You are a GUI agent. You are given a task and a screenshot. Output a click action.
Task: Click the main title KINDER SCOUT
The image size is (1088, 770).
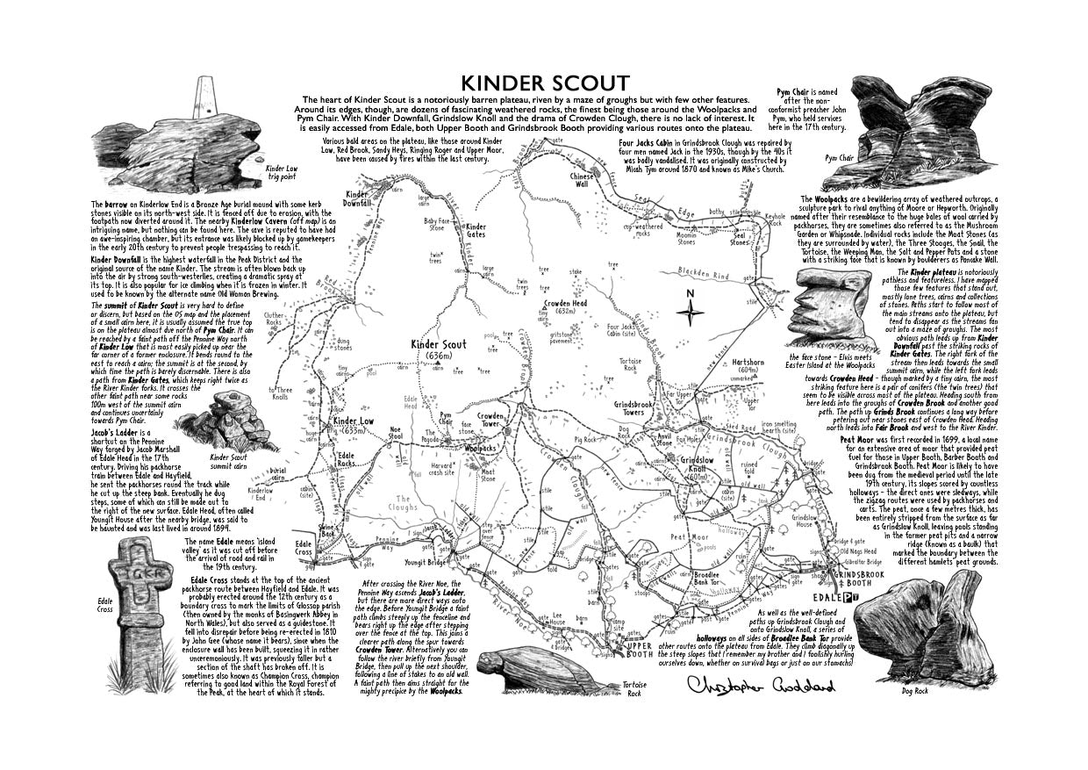pos(543,83)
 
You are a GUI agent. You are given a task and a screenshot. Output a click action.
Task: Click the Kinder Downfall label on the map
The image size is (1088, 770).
pos(358,198)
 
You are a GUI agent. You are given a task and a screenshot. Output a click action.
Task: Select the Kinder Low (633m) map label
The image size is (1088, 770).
pos(354,427)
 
